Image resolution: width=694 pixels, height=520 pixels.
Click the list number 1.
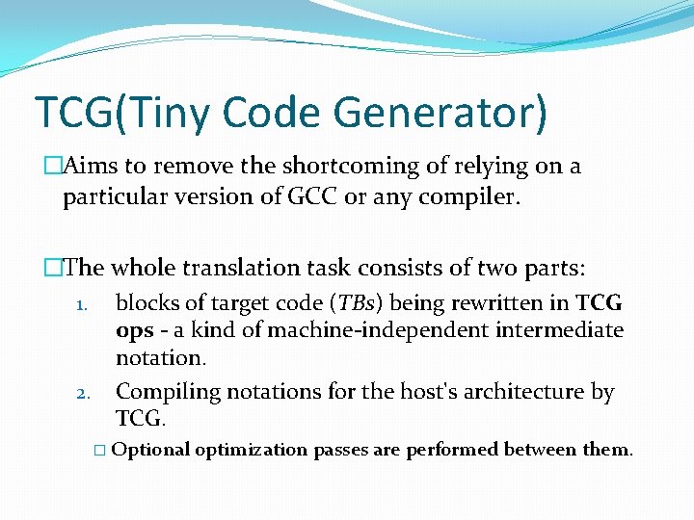pyautogui.click(x=83, y=305)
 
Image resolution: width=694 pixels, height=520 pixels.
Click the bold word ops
pyautogui.click(x=134, y=331)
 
